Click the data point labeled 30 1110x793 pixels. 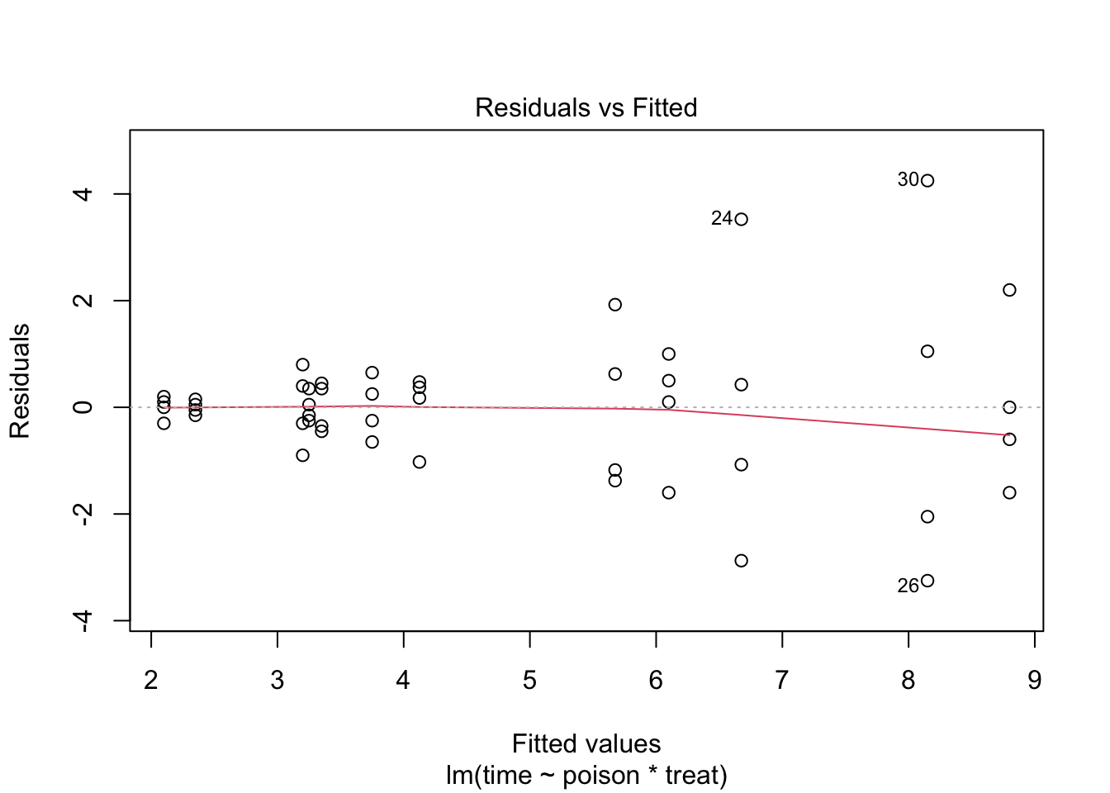(x=927, y=181)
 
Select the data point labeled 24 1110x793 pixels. (x=741, y=219)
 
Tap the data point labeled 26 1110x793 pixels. (x=927, y=581)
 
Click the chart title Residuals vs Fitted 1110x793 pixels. (x=586, y=107)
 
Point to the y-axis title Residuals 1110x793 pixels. (x=20, y=381)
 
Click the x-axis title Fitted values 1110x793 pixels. (x=586, y=743)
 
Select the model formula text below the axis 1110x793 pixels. (x=586, y=776)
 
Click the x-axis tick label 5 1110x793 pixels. (x=529, y=681)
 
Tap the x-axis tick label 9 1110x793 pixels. (x=1034, y=681)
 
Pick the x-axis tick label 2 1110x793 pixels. (x=151, y=681)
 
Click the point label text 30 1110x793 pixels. (x=908, y=180)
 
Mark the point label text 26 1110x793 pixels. (x=908, y=586)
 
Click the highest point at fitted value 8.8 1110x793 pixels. (x=1009, y=290)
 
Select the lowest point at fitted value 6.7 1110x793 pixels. (x=741, y=561)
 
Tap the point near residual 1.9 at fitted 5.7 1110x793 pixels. (x=614, y=305)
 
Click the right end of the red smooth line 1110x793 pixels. (x=1008, y=434)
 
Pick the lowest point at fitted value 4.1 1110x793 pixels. (x=419, y=462)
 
